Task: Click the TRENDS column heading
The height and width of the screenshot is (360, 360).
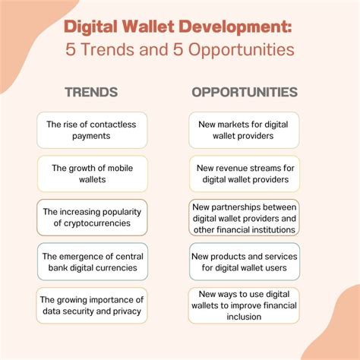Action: click(x=91, y=92)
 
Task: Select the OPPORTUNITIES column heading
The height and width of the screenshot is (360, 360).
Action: click(x=245, y=92)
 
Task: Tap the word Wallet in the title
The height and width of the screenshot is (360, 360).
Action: click(x=149, y=27)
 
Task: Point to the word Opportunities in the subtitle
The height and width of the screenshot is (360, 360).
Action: click(x=242, y=49)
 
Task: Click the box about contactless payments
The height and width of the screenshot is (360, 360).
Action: click(x=92, y=130)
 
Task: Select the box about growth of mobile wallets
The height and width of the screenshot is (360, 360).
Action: click(x=93, y=174)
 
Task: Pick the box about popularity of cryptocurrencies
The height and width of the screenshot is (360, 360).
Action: click(x=92, y=217)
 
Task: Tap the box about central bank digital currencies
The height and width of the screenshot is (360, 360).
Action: click(x=93, y=261)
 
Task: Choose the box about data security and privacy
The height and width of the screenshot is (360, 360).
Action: click(x=92, y=305)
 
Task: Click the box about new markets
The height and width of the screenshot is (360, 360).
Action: click(x=244, y=130)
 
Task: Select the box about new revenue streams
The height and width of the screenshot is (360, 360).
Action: click(x=245, y=174)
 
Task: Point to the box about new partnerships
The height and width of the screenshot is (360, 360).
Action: click(x=244, y=217)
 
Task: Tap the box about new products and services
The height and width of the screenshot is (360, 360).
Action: click(x=245, y=261)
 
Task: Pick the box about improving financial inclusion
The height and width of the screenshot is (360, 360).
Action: click(x=244, y=305)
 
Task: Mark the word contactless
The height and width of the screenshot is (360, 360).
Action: click(x=112, y=125)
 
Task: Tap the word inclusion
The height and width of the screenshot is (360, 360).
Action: click(x=244, y=317)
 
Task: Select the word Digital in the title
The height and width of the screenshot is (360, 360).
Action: click(x=91, y=27)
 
